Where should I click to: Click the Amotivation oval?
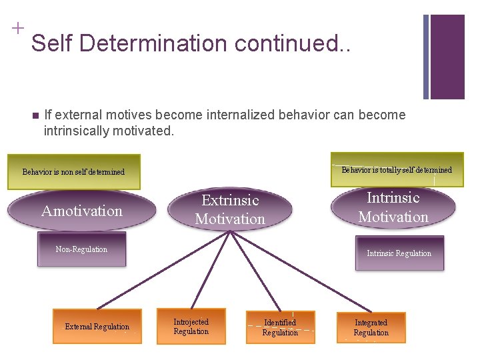(x=82, y=211)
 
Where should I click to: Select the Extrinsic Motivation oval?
(x=229, y=209)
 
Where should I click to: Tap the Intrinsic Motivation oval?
(x=393, y=207)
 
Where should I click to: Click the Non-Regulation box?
(x=81, y=249)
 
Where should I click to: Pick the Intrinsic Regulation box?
(x=399, y=253)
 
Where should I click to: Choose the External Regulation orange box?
(x=97, y=326)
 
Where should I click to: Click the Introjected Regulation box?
(x=191, y=326)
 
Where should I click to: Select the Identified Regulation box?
(x=280, y=327)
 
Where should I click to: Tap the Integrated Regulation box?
(x=371, y=327)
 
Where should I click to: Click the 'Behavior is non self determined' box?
(x=73, y=171)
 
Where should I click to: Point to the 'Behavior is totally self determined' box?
(x=397, y=170)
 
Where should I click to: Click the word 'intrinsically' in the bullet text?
(x=77, y=131)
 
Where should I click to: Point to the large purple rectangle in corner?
(x=447, y=57)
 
